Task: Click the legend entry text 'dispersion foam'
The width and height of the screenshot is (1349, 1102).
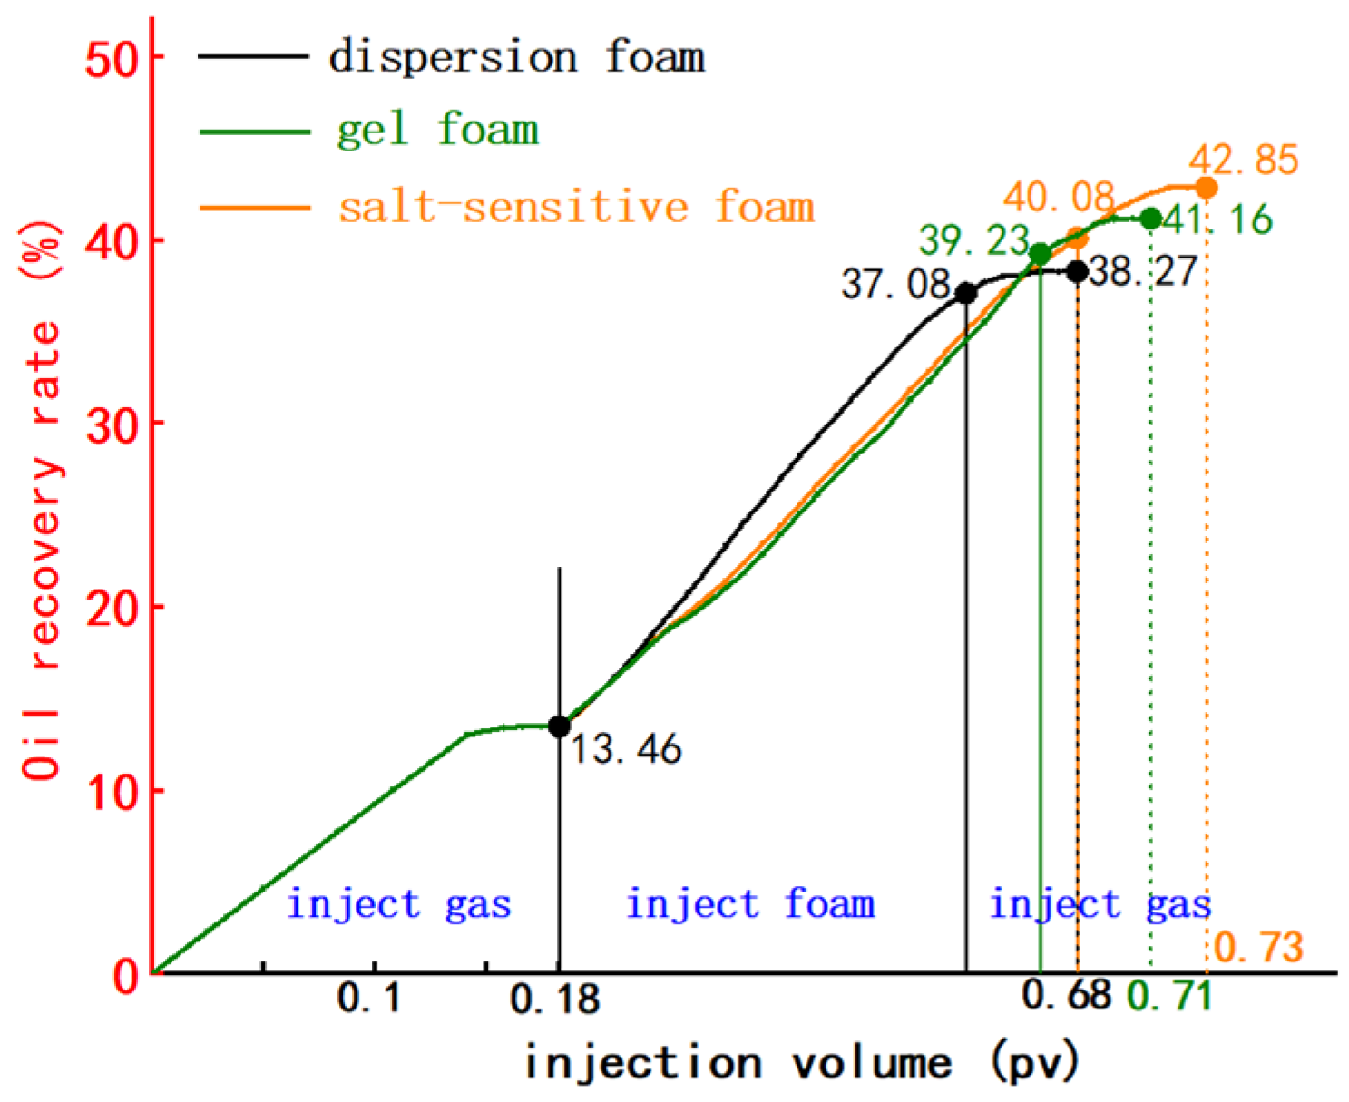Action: pos(516,57)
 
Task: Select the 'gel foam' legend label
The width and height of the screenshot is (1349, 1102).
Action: pos(437,131)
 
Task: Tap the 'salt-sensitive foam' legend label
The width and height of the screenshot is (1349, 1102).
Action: pos(576,207)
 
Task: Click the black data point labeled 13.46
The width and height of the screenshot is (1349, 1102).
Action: pos(559,727)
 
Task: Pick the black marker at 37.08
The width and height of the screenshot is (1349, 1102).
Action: pos(966,294)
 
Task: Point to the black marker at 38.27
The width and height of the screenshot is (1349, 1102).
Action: pos(1077,272)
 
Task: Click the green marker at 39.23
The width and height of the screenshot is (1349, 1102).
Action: pos(1041,254)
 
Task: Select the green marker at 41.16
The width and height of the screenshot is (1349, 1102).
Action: pos(1150,219)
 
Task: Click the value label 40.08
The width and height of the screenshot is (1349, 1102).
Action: pos(1058,197)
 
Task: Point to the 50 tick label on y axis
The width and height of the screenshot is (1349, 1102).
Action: pos(112,60)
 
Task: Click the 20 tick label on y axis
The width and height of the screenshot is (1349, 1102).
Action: pos(112,609)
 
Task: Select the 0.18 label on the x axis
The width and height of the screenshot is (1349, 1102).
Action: pos(555,1000)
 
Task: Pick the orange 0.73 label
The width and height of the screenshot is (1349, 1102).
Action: pos(1258,948)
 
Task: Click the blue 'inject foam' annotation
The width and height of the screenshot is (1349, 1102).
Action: pos(750,905)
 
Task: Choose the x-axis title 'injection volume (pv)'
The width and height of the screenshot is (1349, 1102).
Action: pos(802,1062)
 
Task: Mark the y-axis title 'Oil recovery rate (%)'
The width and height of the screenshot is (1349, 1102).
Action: pos(43,502)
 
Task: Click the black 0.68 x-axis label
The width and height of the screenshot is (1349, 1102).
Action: pos(1066,995)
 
